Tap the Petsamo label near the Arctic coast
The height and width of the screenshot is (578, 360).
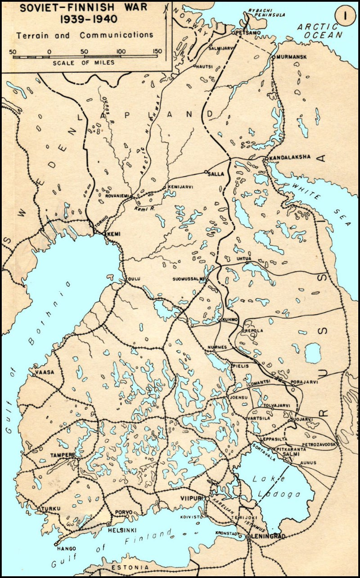click(x=247, y=33)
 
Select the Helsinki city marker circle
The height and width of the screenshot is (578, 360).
click(x=109, y=524)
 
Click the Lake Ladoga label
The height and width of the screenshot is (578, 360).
click(x=278, y=486)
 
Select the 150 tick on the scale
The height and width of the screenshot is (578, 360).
click(x=157, y=51)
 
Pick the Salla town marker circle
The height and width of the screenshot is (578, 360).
click(x=206, y=172)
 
